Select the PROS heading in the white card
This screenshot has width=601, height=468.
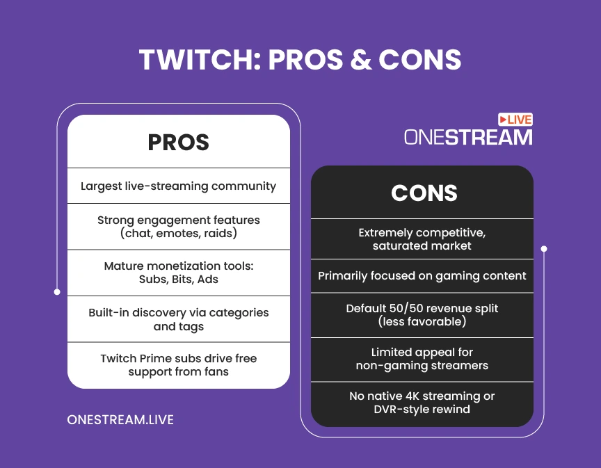(x=179, y=142)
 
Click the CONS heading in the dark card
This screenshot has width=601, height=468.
(x=424, y=193)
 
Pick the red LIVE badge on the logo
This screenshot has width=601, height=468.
(x=515, y=120)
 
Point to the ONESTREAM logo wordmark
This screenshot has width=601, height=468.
(x=468, y=137)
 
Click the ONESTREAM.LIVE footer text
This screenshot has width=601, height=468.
(x=120, y=420)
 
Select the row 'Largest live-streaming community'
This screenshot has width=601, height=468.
(x=178, y=186)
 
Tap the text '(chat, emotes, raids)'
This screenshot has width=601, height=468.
(x=179, y=234)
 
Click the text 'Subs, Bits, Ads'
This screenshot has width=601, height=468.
(x=179, y=280)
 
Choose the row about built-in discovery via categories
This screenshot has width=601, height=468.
(x=179, y=319)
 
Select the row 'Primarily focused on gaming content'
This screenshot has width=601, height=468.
(x=422, y=276)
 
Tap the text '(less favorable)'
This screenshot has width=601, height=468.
(x=422, y=321)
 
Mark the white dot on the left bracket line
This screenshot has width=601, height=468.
(x=57, y=292)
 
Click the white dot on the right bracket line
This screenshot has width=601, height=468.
(x=544, y=249)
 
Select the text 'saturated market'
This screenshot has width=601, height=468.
(x=422, y=245)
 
